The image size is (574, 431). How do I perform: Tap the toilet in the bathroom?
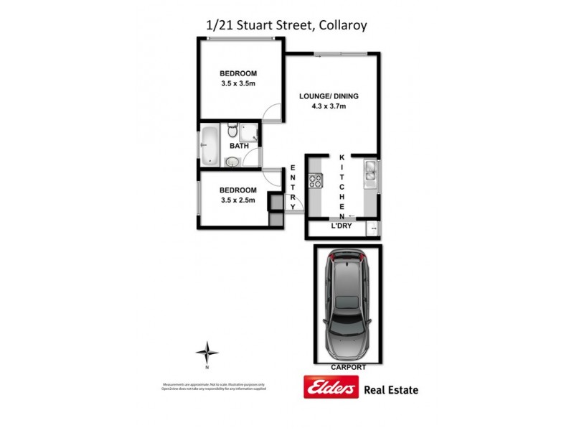pos(232,131)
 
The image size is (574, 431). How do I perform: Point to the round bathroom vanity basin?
pos(232,162)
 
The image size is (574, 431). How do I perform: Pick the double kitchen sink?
pos(370,172)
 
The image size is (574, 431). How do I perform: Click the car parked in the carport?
pos(347,305)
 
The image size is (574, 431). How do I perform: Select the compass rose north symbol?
pos(207,353)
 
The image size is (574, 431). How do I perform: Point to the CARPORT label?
pos(348,367)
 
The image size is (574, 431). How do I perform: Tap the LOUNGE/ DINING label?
pos(329,96)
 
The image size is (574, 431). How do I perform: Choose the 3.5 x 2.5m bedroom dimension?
pos(239,200)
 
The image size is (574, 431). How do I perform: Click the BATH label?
pos(239,146)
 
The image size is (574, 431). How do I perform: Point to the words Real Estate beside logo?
pos(391,390)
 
